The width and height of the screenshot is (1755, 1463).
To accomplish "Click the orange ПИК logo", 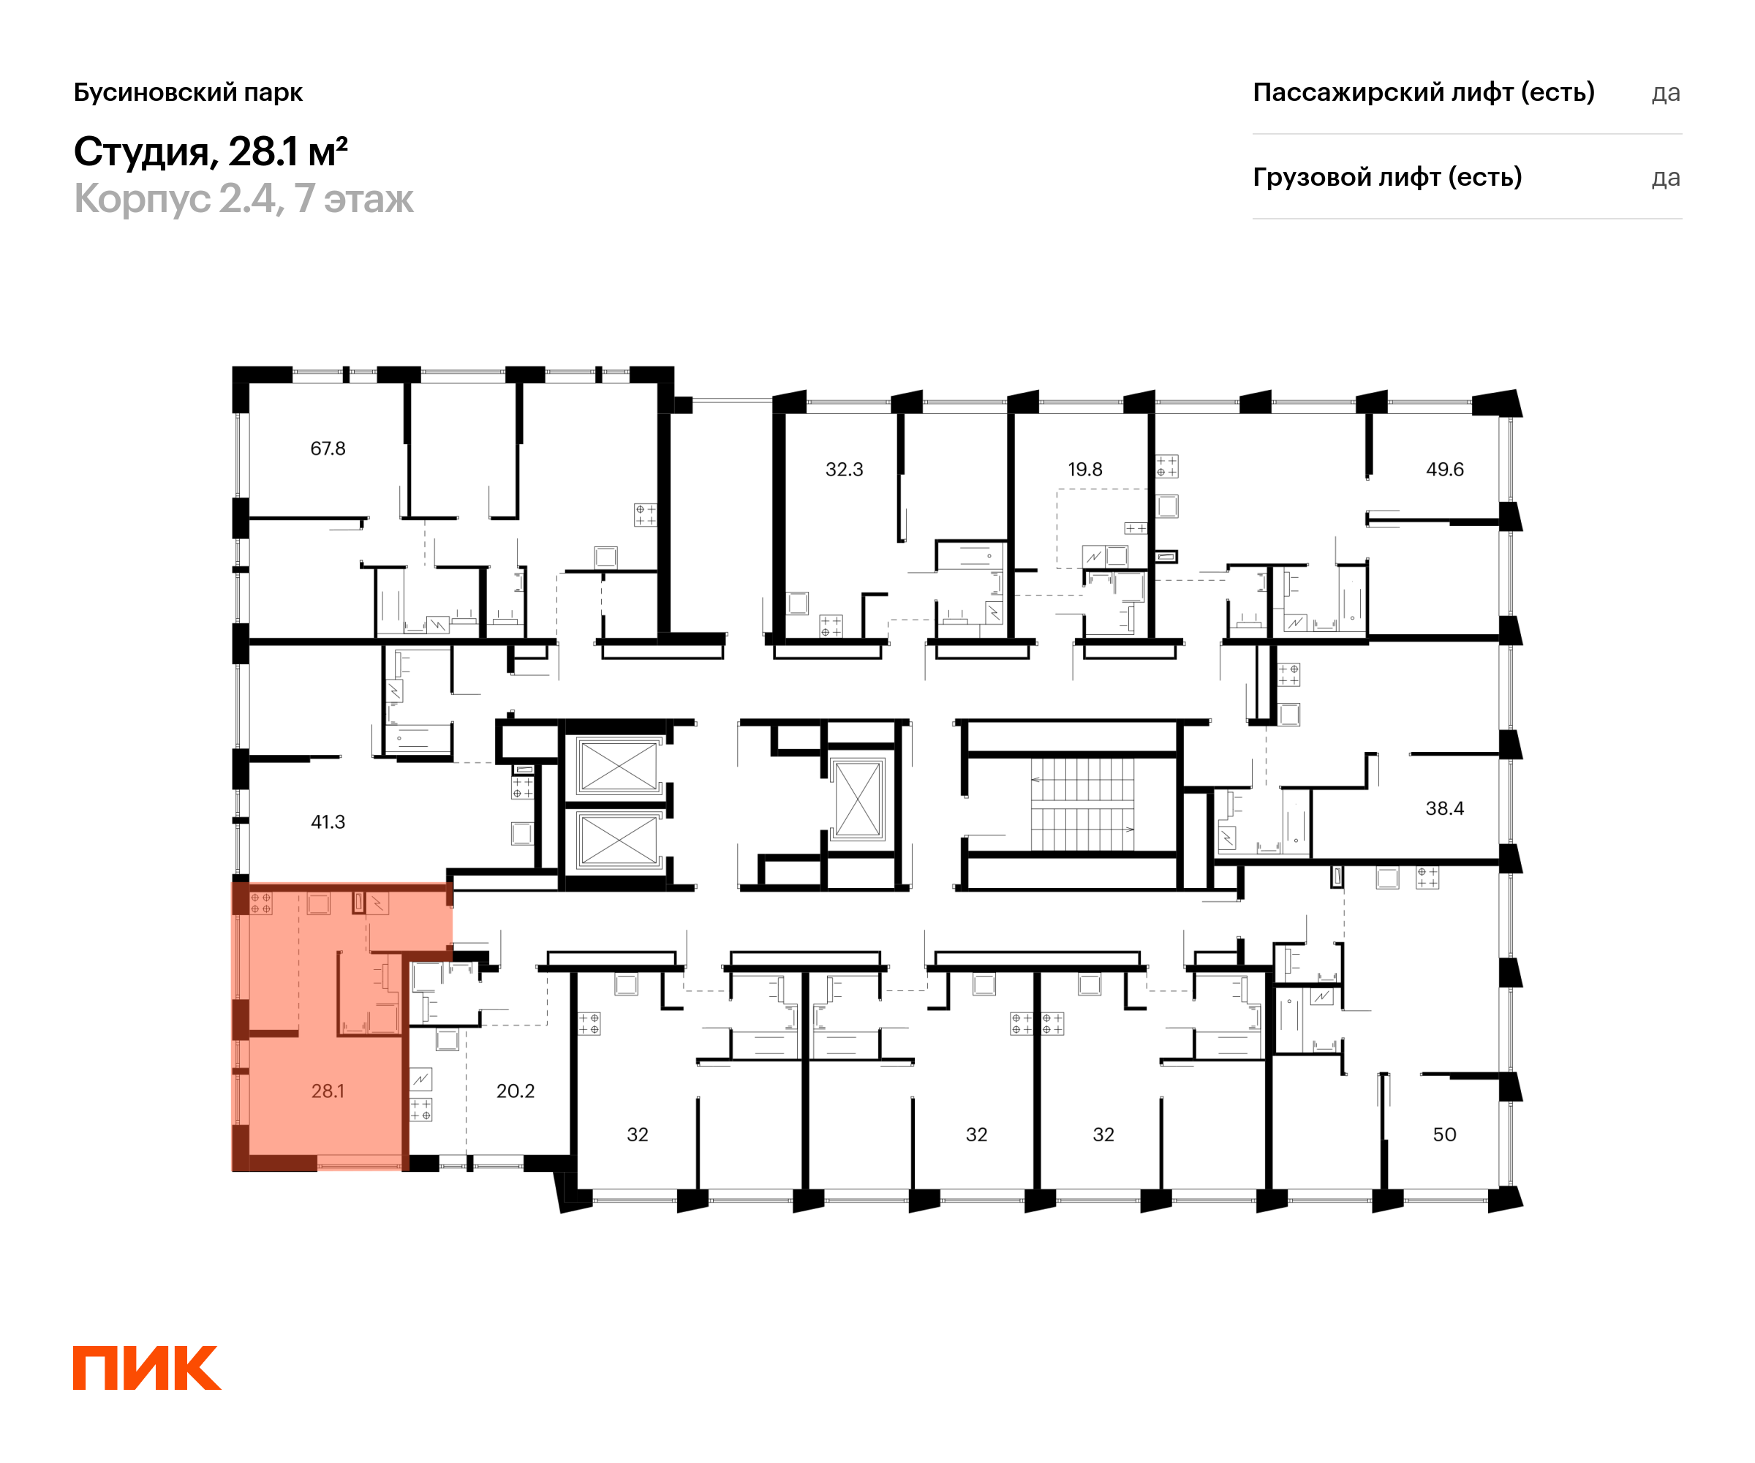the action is click(147, 1368).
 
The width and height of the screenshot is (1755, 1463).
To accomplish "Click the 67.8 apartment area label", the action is click(328, 449).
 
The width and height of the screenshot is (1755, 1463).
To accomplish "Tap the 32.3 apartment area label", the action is click(844, 470).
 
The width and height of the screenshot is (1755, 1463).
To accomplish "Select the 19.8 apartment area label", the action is click(1084, 470).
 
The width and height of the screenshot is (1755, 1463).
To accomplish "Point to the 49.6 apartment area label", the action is click(1445, 470).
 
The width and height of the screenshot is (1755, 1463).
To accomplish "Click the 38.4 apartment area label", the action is click(1445, 808).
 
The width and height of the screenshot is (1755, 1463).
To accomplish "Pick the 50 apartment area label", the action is click(1445, 1135).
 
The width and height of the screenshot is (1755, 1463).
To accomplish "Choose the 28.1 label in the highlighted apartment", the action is click(328, 1091).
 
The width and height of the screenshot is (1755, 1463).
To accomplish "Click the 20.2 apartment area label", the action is click(516, 1091).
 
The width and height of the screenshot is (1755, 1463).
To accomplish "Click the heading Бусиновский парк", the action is click(188, 93).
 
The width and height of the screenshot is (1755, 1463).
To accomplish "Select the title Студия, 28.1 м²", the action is click(211, 151).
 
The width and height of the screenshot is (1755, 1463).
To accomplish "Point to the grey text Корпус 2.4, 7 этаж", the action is click(244, 199).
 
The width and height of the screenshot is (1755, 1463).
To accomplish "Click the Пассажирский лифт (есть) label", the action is click(1424, 93).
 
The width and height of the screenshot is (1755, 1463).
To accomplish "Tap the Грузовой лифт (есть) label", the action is click(1387, 178).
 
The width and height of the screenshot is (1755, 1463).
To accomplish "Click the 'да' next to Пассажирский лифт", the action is click(1667, 94).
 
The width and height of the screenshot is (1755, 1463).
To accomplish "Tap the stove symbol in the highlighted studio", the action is click(261, 903).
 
